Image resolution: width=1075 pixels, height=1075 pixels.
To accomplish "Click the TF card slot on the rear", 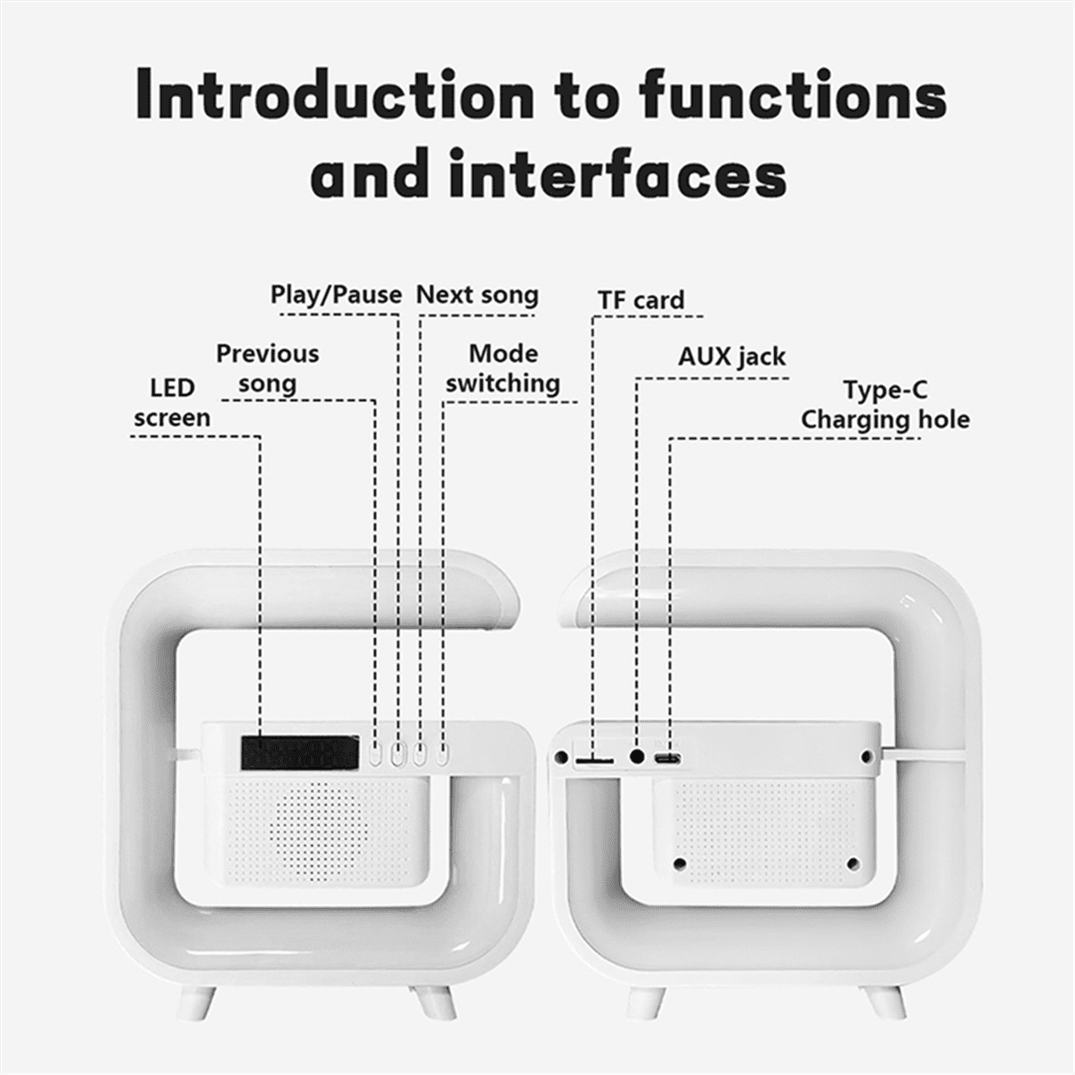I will pyautogui.click(x=594, y=761).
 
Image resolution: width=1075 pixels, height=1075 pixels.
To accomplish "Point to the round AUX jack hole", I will pyautogui.click(x=638, y=757).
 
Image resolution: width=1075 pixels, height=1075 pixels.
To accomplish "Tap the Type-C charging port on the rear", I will pyautogui.click(x=667, y=759).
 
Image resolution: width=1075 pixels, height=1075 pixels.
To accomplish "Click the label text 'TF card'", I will pyautogui.click(x=641, y=300).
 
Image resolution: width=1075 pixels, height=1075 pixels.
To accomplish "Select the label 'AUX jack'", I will pyautogui.click(x=731, y=357).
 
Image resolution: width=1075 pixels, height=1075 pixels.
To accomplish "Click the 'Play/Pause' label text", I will pyautogui.click(x=336, y=295).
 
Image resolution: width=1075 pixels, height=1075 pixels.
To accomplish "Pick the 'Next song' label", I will pyautogui.click(x=477, y=295).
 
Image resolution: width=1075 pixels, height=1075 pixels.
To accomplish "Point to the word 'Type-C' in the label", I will pyautogui.click(x=884, y=391).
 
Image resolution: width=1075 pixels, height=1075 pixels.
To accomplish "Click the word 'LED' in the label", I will pyautogui.click(x=172, y=388).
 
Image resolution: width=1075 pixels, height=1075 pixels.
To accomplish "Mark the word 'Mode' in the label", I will pyautogui.click(x=503, y=353).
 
